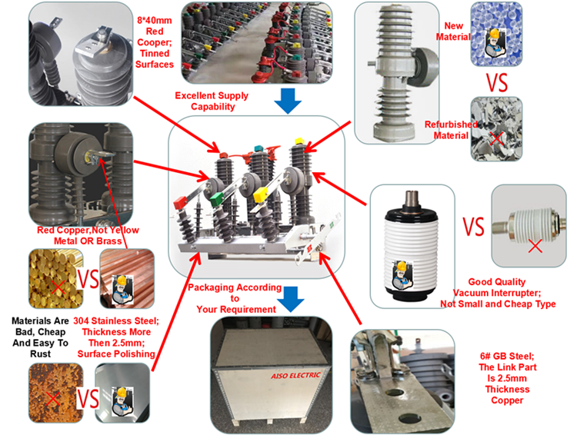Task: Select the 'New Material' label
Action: pos(452,30)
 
